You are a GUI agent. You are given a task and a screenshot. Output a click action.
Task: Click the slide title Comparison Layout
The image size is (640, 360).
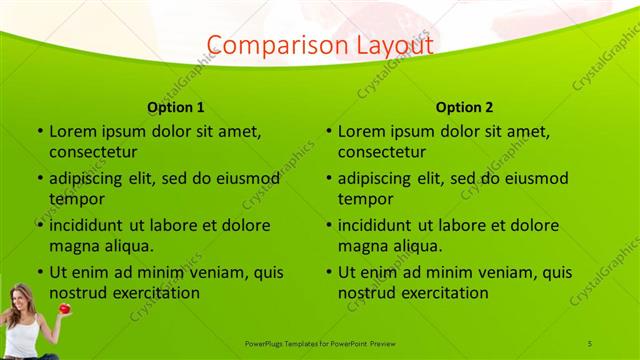319,45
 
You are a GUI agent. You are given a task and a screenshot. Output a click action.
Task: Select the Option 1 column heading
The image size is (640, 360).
176,107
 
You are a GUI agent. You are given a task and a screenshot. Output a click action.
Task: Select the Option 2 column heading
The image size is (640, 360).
465,107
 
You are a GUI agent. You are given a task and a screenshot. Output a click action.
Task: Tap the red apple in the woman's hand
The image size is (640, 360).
64,309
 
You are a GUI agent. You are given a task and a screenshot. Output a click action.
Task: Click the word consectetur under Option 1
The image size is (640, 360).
93,152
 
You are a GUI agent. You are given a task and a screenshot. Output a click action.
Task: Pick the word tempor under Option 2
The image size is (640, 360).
366,199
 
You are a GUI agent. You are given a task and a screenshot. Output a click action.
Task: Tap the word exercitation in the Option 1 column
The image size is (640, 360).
156,293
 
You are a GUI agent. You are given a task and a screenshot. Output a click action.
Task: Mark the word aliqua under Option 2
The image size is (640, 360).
416,246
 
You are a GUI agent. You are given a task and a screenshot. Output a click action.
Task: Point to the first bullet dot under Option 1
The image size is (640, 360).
39,131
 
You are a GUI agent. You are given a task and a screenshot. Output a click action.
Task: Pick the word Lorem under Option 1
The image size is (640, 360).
71,131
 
